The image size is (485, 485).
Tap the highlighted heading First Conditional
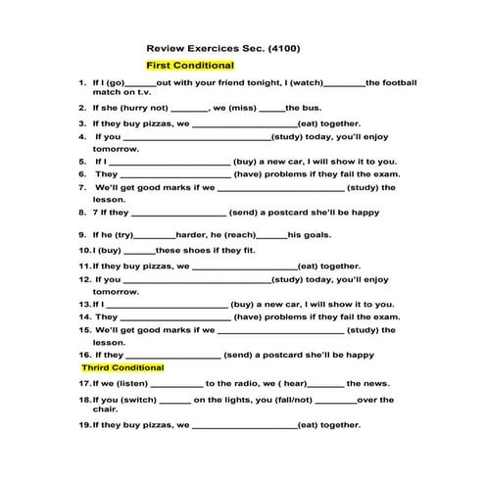183,65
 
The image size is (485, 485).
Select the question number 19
84,425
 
